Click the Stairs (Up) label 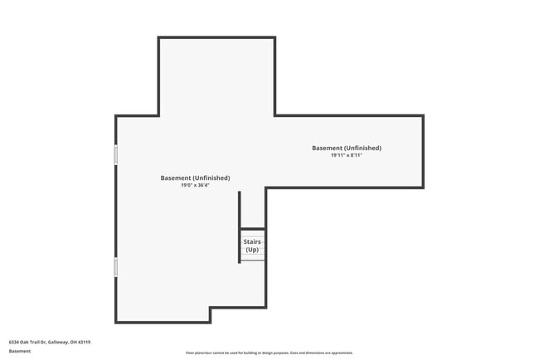click(252, 246)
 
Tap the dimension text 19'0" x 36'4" click(195, 185)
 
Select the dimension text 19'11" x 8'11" click(347, 155)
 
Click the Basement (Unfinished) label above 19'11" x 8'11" click(347, 148)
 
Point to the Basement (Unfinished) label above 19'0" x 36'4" click(195, 178)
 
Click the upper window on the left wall click(116, 154)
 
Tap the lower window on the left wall click(116, 266)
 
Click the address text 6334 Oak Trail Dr click(27, 342)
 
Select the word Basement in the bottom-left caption click(20, 351)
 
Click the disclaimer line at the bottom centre click(269, 353)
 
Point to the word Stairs click(252, 242)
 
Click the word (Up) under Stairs click(252, 250)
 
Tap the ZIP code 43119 click(84, 342)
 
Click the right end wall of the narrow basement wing click(423, 152)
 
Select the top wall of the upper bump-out click(216, 37)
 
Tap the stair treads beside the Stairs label click(252, 257)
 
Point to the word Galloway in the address click(59, 342)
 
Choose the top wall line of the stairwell click(252, 229)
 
